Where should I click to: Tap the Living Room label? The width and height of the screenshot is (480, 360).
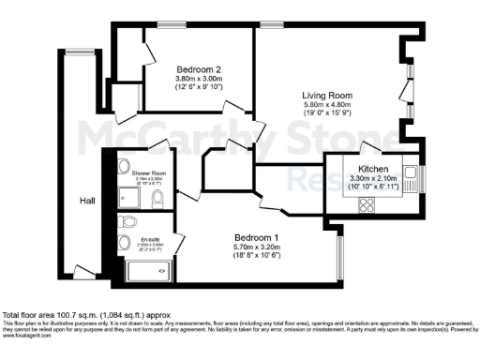(x=326, y=96)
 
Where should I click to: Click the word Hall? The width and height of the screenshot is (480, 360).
(x=86, y=201)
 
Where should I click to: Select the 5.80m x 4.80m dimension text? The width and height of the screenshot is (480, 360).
(x=326, y=107)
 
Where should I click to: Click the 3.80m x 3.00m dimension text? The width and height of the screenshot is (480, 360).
(x=198, y=81)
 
